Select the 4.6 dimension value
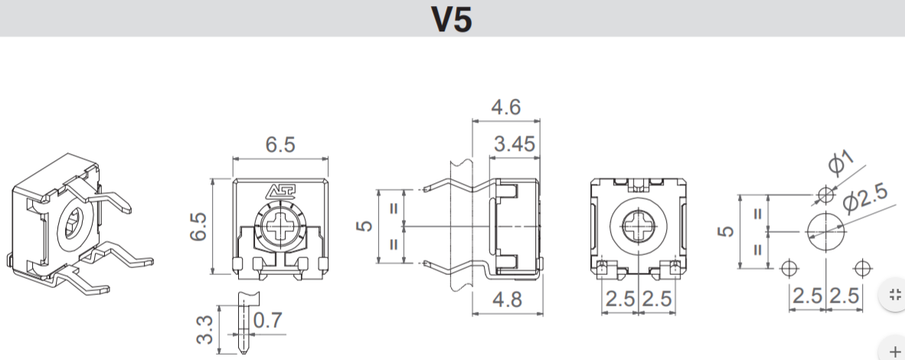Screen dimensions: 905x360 (x=505, y=107)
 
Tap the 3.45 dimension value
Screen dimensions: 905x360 (x=515, y=144)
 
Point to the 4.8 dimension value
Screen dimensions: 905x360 (x=508, y=299)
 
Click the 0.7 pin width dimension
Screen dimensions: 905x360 (x=269, y=319)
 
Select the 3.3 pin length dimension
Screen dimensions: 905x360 (x=205, y=329)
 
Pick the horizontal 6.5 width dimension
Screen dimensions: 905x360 (x=280, y=145)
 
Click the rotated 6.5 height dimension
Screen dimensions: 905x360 (x=198, y=227)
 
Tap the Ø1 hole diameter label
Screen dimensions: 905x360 (x=841, y=163)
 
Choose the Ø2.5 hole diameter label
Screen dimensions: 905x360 (x=865, y=198)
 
